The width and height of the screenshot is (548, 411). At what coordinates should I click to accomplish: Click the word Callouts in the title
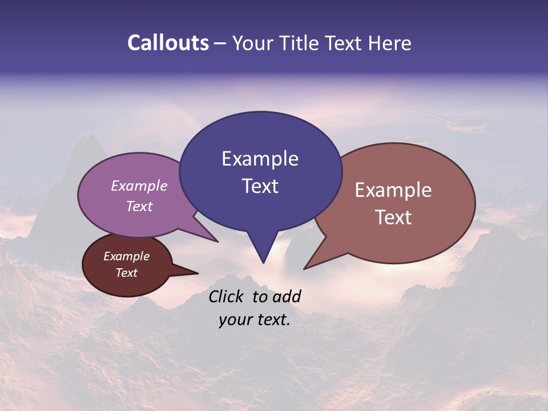click(168, 43)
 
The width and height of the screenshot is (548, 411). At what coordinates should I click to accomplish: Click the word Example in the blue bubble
click(260, 159)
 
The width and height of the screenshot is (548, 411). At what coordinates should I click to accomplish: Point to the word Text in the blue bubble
click(260, 186)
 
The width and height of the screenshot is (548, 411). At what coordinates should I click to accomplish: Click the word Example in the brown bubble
click(393, 190)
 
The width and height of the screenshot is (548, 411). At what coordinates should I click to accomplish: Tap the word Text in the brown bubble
click(393, 217)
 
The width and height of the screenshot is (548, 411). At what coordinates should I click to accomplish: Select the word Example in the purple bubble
click(139, 186)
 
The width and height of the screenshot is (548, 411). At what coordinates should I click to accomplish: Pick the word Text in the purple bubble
click(139, 206)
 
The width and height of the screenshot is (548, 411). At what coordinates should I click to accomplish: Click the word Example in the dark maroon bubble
click(126, 256)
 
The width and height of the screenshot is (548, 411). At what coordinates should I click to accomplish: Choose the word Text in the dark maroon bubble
click(126, 273)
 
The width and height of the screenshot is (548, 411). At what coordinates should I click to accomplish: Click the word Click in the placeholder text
click(228, 296)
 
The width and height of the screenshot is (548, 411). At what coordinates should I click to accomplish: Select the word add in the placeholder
click(287, 296)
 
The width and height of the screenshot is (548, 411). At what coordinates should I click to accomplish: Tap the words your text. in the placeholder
click(254, 320)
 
